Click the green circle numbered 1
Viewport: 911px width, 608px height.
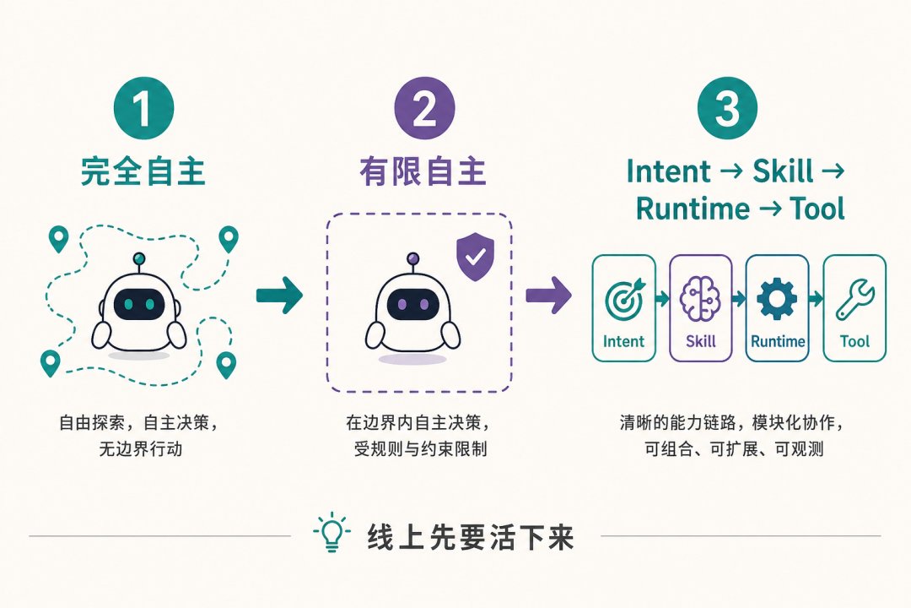tap(143, 108)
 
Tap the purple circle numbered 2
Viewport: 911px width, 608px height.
tap(424, 108)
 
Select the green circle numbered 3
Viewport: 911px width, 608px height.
tap(727, 108)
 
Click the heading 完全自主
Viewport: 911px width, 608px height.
tap(143, 171)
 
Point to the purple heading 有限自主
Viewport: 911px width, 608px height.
tap(423, 171)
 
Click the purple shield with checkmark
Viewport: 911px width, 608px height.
tap(475, 257)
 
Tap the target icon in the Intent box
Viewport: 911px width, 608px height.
tap(624, 298)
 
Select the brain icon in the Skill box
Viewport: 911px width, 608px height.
tap(700, 298)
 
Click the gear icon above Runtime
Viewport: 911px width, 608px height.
tap(777, 298)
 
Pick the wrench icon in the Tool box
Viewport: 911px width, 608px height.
tap(854, 300)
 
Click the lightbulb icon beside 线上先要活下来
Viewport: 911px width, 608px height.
tap(332, 532)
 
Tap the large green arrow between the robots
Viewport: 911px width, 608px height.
tap(279, 296)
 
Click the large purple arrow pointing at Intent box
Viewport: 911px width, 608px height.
tap(549, 296)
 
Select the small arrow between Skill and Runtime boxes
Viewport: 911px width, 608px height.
tap(739, 299)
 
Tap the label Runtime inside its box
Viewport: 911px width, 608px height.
tap(778, 341)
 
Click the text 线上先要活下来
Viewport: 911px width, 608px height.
tap(470, 536)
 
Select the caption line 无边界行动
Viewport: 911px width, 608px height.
tap(141, 449)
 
